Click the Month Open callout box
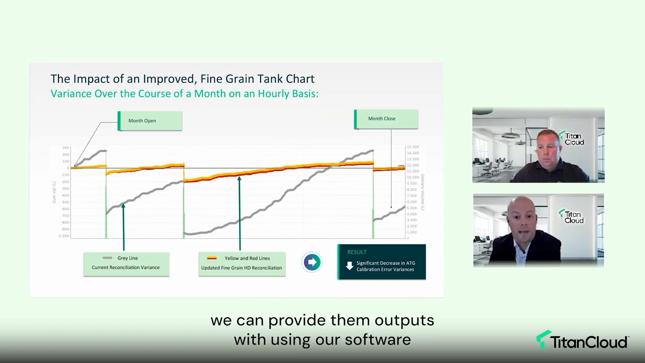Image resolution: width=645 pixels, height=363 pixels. (150, 121)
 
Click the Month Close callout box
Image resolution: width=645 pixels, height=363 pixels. (386, 119)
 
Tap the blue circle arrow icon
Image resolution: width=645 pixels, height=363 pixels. (312, 262)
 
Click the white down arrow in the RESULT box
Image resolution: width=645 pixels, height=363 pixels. (349, 266)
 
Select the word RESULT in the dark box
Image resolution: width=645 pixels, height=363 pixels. (357, 252)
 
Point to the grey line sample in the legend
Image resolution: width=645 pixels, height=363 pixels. (107, 258)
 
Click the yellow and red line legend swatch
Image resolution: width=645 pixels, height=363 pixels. (212, 258)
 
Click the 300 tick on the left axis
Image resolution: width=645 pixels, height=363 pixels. (66, 148)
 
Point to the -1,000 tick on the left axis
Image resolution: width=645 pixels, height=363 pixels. (63, 236)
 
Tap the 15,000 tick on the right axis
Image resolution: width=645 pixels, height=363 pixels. (413, 147)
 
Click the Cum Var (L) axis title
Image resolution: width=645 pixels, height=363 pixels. (54, 192)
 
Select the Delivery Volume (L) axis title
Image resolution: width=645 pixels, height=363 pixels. (423, 192)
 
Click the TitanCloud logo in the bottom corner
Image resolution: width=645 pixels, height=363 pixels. (582, 341)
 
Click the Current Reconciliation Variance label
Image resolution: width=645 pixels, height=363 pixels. (126, 268)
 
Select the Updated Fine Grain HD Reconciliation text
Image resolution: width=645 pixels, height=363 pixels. (242, 268)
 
